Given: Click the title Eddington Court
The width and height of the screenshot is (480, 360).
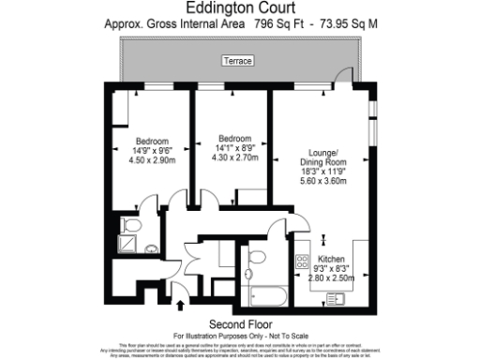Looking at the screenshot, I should click(239, 10).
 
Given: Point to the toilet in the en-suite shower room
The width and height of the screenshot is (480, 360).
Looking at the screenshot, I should click(131, 227).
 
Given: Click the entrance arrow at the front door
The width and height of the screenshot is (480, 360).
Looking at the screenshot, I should click(180, 305).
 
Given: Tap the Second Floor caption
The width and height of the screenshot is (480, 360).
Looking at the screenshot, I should click(239, 323).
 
